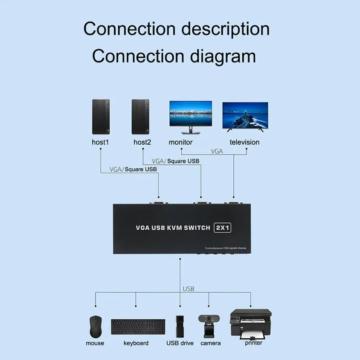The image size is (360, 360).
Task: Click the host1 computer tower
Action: pyautogui.click(x=101, y=117)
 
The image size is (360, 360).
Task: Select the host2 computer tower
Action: pyautogui.click(x=140, y=117)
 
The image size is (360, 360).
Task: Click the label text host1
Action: pyautogui.click(x=100, y=142)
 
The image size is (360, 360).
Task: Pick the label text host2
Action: pyautogui.click(x=142, y=142)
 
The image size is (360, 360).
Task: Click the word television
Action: pyautogui.click(x=245, y=142)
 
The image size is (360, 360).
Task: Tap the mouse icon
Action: pyautogui.click(x=95, y=326)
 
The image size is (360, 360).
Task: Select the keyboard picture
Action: pyautogui.click(x=138, y=327)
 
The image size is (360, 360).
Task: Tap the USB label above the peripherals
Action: pyautogui.click(x=188, y=289)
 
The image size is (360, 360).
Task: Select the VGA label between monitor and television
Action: pyautogui.click(x=217, y=151)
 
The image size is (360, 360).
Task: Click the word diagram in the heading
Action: pyautogui.click(x=223, y=56)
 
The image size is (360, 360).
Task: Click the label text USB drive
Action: pyautogui.click(x=180, y=343)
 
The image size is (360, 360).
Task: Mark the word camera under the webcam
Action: pyautogui.click(x=211, y=343)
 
